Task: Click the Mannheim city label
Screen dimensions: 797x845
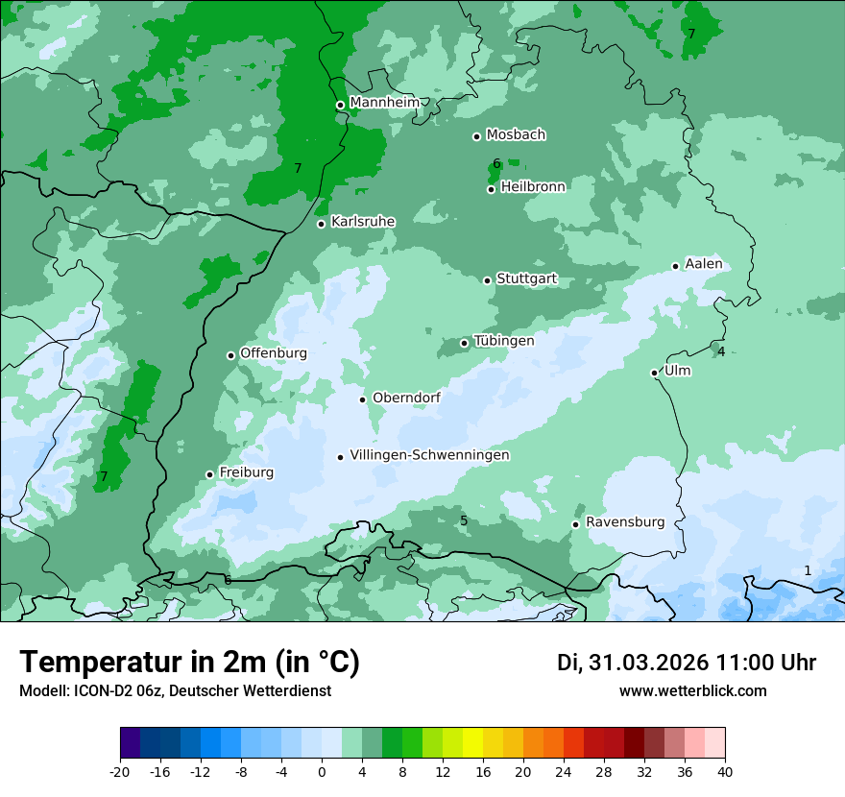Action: [x=384, y=103]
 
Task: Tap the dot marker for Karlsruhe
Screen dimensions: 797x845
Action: [x=321, y=224]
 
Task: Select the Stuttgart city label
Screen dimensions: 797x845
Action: [x=526, y=279]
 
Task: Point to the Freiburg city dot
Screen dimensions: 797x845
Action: [x=209, y=474]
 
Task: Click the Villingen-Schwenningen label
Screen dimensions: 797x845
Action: [x=429, y=455]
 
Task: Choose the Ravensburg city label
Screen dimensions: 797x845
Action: [x=624, y=522]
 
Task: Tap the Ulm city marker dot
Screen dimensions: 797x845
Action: [x=654, y=373]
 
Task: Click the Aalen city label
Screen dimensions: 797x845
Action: [x=703, y=264]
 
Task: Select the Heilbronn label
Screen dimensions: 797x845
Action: [x=533, y=187]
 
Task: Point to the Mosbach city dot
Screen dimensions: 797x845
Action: [x=476, y=136]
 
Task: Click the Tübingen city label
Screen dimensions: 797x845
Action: [x=504, y=341]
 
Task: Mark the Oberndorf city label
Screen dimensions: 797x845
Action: [x=406, y=398]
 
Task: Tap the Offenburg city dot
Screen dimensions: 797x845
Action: [x=230, y=355]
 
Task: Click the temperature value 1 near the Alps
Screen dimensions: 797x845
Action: [x=807, y=570]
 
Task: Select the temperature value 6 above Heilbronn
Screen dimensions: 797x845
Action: [x=496, y=163]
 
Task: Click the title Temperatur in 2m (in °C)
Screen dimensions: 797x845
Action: [x=190, y=663]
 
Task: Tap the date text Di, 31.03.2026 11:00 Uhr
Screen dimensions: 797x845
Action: [x=687, y=663]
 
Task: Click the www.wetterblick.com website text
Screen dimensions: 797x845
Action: [x=692, y=690]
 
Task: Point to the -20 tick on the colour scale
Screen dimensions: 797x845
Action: [x=120, y=772]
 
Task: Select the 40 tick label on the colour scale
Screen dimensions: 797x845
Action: [x=724, y=772]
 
